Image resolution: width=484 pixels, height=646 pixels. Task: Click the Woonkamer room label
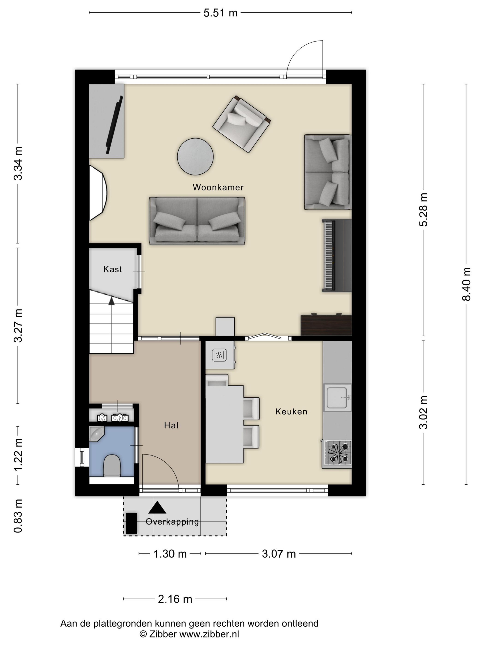click(218, 187)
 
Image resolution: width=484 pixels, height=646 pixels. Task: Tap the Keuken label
click(291, 412)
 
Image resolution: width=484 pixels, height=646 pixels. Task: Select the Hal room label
click(171, 425)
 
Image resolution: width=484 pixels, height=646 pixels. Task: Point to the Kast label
click(113, 269)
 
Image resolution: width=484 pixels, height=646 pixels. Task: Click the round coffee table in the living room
click(195, 156)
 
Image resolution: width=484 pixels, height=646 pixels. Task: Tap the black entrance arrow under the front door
click(157, 508)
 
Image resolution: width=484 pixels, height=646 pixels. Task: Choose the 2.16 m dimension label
click(175, 599)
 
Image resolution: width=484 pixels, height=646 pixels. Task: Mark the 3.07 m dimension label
click(279, 554)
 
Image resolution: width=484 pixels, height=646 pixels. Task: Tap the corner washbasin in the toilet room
click(97, 434)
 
